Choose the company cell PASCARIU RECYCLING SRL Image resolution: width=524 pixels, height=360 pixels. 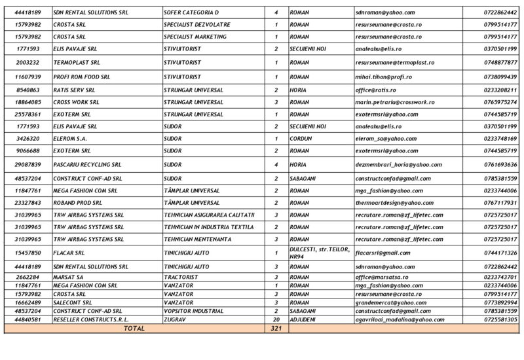coord(87,165)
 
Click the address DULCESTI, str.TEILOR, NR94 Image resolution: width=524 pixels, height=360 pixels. coord(320,253)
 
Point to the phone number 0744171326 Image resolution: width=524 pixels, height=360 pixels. coord(500,253)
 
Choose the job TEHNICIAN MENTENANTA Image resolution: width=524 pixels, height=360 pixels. coord(199,239)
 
